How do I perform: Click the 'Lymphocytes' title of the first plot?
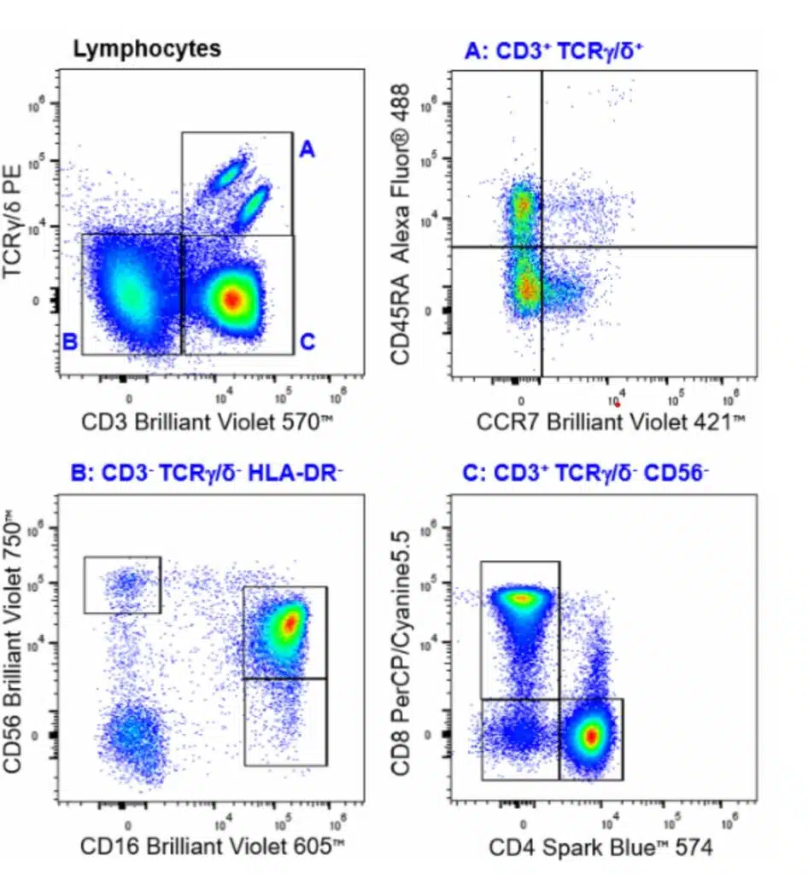[146, 50]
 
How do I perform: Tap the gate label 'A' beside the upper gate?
[307, 150]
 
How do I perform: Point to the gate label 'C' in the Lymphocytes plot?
[307, 343]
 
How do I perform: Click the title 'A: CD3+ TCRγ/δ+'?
[553, 52]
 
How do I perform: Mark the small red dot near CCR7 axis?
[617, 405]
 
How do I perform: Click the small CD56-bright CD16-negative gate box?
[122, 585]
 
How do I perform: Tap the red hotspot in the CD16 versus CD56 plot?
[290, 623]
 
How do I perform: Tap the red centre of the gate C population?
[231, 299]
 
